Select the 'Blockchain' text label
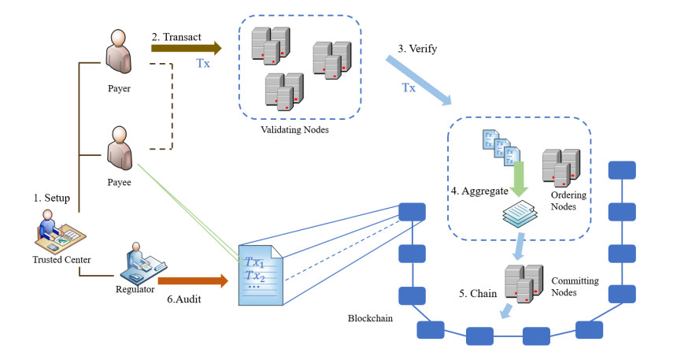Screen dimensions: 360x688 370,318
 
